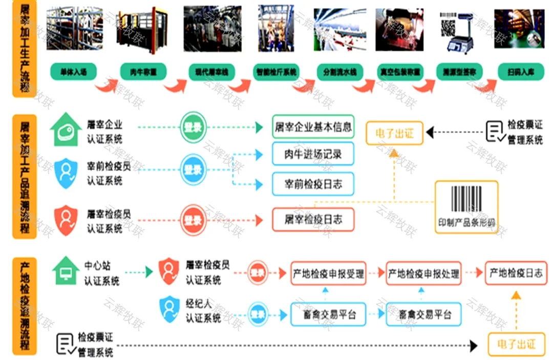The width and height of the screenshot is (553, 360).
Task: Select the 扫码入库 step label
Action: click(x=521, y=72)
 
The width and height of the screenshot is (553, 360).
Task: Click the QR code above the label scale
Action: click(x=448, y=23)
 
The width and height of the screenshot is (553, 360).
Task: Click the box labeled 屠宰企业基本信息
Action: click(x=313, y=127)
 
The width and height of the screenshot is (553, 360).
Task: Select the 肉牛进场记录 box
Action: click(x=313, y=154)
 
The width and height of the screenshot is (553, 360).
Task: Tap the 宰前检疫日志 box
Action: click(x=313, y=184)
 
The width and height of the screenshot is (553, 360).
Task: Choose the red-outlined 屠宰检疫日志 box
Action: click(x=313, y=220)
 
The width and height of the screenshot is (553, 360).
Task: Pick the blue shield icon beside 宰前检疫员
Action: click(x=66, y=173)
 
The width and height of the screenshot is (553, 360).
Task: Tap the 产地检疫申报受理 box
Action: click(x=328, y=273)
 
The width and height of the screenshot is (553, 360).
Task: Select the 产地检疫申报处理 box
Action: click(x=423, y=273)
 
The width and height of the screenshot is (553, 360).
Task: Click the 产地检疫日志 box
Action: click(x=516, y=273)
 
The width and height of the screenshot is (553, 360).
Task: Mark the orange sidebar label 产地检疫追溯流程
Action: click(x=24, y=306)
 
